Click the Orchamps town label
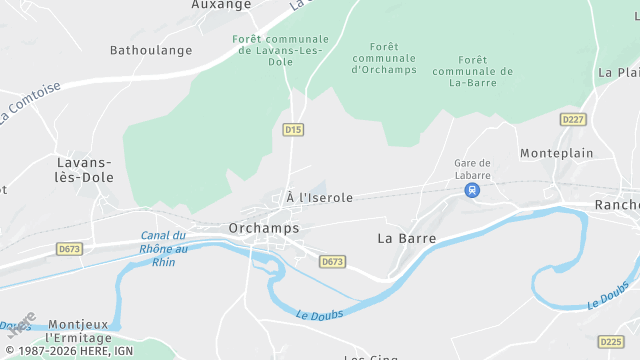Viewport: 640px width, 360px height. click(264, 228)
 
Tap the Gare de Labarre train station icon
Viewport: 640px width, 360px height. click(472, 189)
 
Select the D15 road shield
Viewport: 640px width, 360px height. click(292, 130)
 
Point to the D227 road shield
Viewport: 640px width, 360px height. click(573, 119)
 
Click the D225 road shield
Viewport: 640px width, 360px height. click(610, 342)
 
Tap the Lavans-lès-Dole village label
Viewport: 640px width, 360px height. click(85, 170)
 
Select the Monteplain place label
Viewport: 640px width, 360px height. click(557, 153)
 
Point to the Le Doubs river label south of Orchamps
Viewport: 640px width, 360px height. click(319, 314)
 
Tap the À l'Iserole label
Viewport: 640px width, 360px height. click(319, 198)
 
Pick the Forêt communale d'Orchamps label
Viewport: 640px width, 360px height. click(383, 59)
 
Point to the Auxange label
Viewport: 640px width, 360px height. click(221, 5)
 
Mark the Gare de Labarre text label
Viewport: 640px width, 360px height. click(472, 168)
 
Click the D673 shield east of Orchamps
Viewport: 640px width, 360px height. click(332, 261)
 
